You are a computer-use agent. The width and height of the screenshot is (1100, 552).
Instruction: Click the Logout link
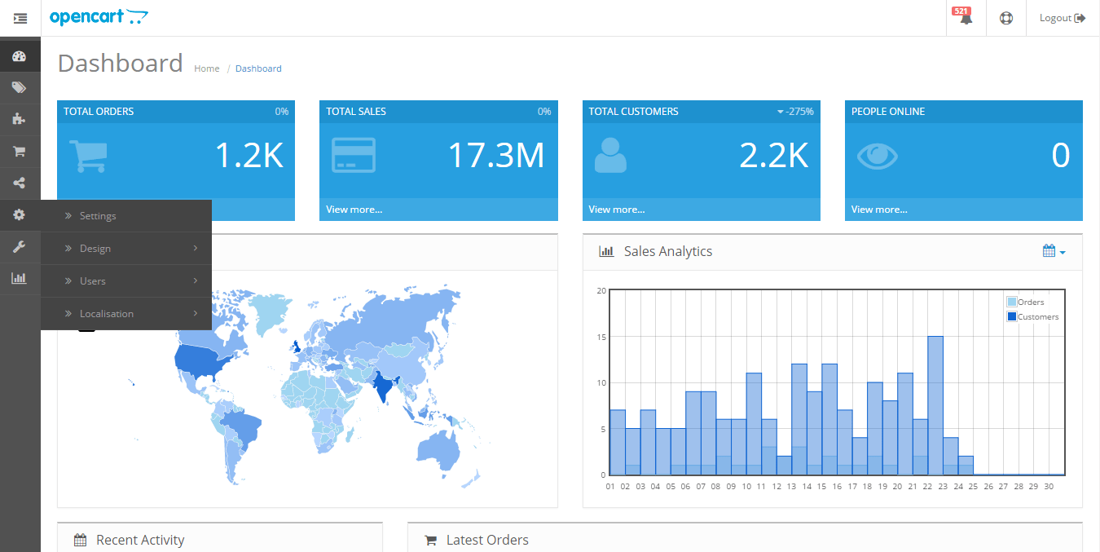pos(1062,18)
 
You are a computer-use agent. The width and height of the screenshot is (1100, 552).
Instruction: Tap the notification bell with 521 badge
pos(966,18)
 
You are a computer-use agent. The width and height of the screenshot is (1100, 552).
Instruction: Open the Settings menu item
pos(98,216)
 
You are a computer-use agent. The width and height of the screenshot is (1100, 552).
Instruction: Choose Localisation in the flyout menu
pos(107,314)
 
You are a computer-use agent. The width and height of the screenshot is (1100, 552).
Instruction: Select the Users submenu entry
pos(93,281)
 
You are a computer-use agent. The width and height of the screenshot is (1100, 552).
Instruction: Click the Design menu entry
pos(95,249)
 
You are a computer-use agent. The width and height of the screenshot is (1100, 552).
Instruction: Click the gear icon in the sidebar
pos(20,214)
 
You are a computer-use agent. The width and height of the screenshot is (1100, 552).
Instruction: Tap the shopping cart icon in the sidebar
pos(20,151)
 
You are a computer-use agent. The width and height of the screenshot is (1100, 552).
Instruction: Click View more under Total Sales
pos(354,210)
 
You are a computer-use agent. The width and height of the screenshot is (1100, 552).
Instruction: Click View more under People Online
pos(879,210)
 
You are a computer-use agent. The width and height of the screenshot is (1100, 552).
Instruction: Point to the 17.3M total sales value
pos(496,155)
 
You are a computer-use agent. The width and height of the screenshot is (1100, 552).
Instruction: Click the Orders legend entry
pos(1031,302)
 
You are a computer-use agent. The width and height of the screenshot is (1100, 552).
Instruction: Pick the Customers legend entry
pos(1037,316)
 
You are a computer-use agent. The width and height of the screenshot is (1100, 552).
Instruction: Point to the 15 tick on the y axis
pos(601,337)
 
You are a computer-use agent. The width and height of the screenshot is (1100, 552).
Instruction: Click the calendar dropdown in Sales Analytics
pos(1054,251)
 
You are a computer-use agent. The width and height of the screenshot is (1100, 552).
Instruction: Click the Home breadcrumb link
pos(207,68)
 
